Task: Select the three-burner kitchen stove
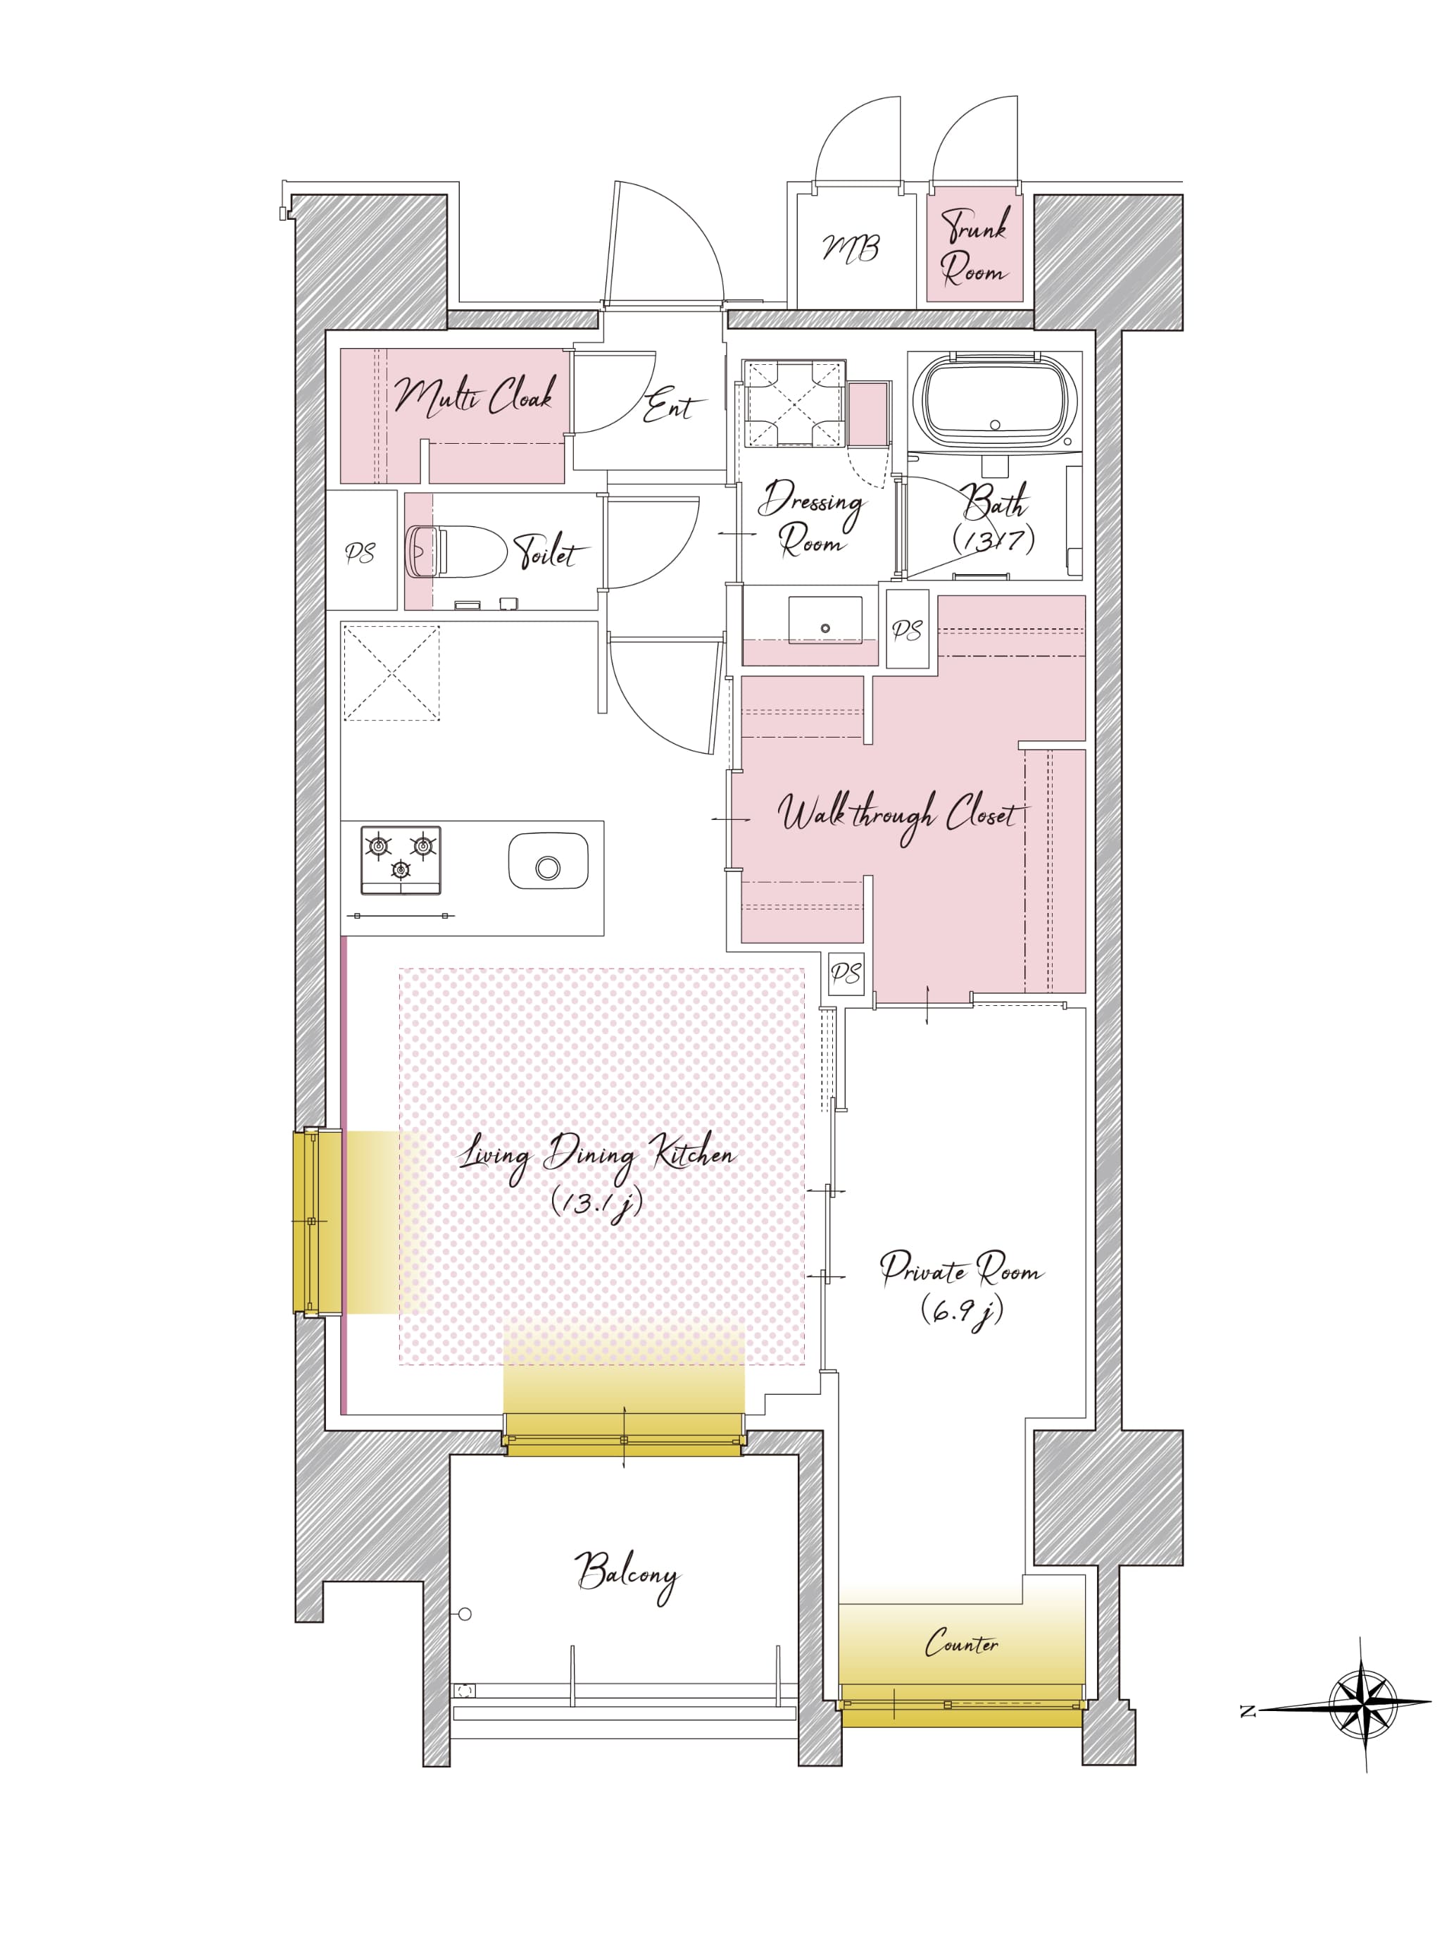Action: [x=401, y=860]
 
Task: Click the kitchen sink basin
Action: [x=548, y=861]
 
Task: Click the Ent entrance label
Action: [x=670, y=406]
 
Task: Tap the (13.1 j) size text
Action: [x=598, y=1203]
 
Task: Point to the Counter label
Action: [x=962, y=1644]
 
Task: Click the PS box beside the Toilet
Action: [x=360, y=551]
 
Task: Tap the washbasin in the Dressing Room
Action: [x=825, y=621]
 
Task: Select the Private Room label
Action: [x=962, y=1269]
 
